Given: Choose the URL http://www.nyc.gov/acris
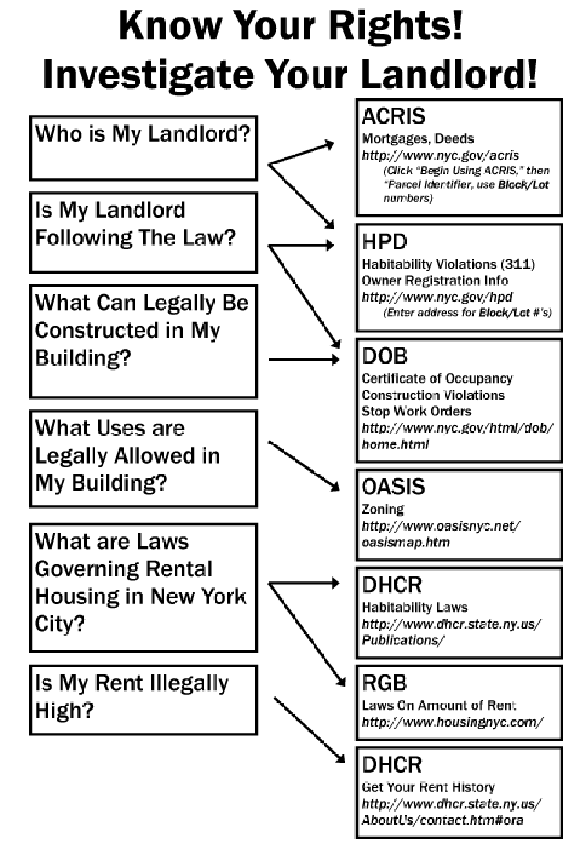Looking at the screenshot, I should click(x=440, y=155).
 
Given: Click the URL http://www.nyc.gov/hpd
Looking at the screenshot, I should click(x=437, y=297).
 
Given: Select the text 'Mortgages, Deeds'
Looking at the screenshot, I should click(x=418, y=139).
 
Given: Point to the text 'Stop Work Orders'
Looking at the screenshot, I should click(x=416, y=411).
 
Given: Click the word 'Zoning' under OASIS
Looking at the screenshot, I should click(x=383, y=509).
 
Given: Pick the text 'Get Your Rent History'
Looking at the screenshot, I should click(x=428, y=787).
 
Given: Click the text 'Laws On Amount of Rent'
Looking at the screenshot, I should click(x=439, y=705).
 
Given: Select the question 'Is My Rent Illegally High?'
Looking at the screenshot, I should click(x=131, y=696).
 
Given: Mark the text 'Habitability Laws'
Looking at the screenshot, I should click(x=414, y=607).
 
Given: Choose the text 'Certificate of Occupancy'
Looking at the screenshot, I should click(x=437, y=378).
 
